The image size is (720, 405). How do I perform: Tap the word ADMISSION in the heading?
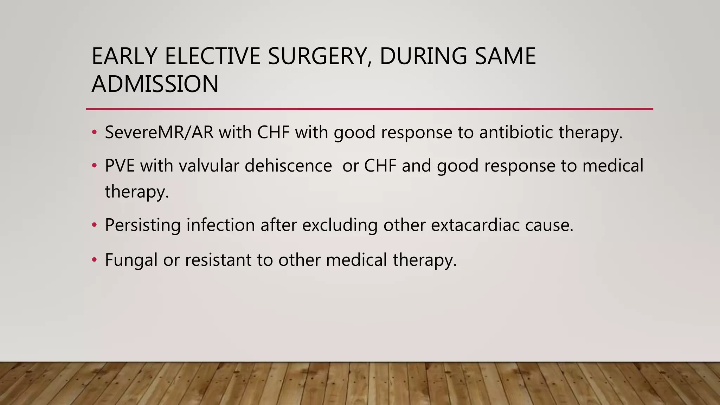[155, 84]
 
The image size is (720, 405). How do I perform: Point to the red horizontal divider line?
[369, 109]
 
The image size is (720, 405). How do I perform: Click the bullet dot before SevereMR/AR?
[94, 133]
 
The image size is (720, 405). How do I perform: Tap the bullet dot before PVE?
[94, 166]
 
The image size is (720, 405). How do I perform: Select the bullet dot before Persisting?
[94, 225]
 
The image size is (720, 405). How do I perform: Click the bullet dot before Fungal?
[94, 260]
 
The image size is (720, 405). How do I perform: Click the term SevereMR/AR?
[159, 133]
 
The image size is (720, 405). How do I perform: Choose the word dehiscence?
[288, 166]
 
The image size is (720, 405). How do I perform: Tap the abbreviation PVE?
[120, 166]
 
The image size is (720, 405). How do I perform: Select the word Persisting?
[143, 225]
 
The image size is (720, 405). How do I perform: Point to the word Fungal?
[131, 260]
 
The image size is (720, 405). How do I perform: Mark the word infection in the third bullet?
[220, 225]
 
